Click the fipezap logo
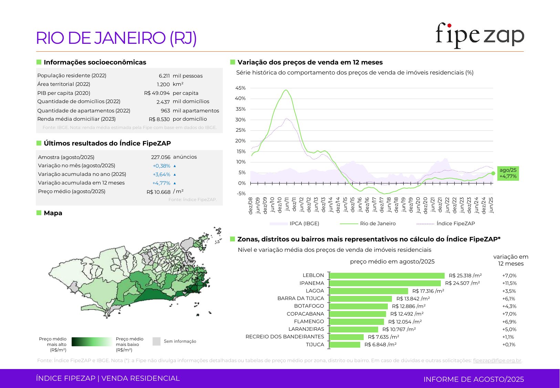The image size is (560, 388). tap(479, 36)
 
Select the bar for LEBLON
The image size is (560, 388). tap(387, 276)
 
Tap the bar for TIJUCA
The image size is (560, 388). tap(345, 345)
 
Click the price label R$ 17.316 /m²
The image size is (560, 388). tap(428, 291)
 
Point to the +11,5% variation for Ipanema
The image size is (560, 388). tap(509, 283)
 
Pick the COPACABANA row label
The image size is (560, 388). tap(305, 314)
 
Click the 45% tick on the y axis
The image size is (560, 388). tap(240, 88)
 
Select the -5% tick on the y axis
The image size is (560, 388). tap(241, 193)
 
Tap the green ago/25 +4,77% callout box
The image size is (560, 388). tap(508, 173)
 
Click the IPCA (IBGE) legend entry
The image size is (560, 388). tap(304, 223)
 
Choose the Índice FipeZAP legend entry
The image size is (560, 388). tap(455, 223)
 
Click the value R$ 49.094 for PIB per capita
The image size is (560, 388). tap(157, 93)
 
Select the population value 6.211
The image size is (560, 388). tap(164, 76)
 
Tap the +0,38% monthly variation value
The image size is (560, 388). tap(162, 166)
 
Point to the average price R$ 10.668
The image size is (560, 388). tap(158, 192)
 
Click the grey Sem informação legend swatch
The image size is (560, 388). tap(156, 341)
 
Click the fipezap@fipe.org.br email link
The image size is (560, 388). tap(497, 360)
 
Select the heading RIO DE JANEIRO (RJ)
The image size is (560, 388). tap(116, 38)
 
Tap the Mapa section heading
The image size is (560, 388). tap(53, 213)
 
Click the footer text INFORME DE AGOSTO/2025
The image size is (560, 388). tap(474, 379)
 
